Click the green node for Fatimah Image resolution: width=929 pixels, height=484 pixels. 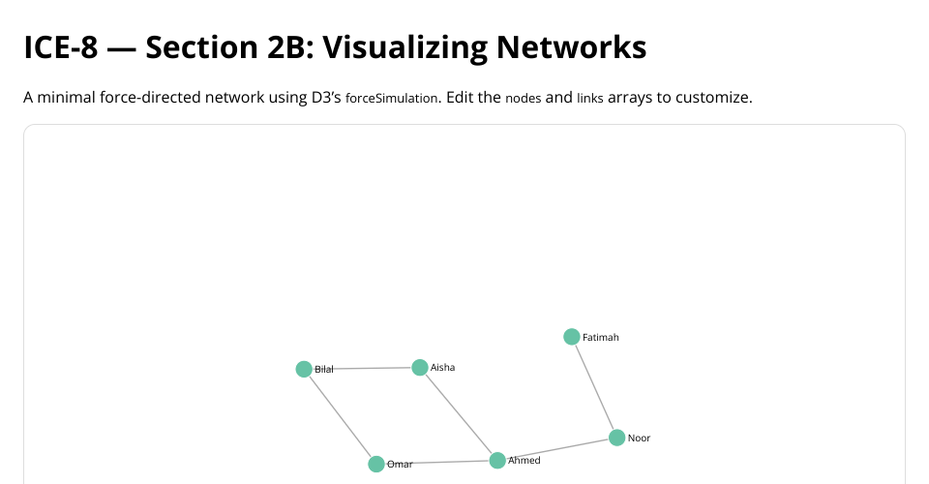(x=572, y=337)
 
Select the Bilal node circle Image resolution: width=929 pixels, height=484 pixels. (x=304, y=369)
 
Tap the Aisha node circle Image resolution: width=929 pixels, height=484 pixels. (x=420, y=368)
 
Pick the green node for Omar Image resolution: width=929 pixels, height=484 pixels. (x=376, y=464)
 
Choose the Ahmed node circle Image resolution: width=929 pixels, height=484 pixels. (x=497, y=460)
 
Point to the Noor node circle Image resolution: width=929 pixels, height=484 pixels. (x=616, y=438)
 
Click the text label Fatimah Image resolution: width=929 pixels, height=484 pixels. (x=601, y=338)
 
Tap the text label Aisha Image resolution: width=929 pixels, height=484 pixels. (x=442, y=368)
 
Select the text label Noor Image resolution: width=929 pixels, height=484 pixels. (x=639, y=439)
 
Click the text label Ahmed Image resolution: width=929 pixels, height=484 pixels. (x=524, y=461)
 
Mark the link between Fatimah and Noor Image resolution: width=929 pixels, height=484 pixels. (x=594, y=387)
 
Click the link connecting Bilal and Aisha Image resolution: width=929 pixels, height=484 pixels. (x=362, y=368)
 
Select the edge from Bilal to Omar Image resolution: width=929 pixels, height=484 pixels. (x=340, y=416)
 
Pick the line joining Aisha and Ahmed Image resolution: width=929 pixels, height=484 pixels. (x=459, y=414)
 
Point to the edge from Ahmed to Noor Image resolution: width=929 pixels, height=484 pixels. (x=557, y=449)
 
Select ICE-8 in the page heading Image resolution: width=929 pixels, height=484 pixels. (x=60, y=46)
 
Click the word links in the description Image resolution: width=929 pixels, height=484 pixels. (x=589, y=99)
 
